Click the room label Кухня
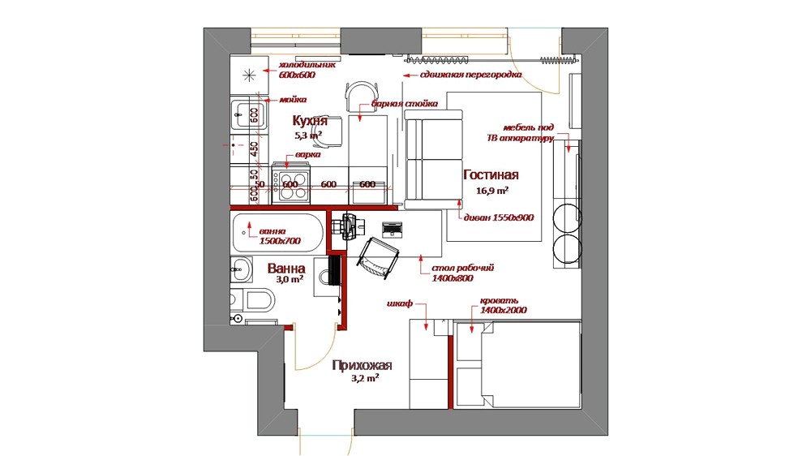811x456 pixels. (310, 121)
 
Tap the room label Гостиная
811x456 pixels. (491, 175)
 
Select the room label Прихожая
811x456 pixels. (362, 365)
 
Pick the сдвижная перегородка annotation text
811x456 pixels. (470, 75)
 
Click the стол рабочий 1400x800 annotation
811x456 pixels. (462, 272)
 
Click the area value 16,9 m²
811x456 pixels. (493, 191)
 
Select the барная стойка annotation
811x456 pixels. (405, 104)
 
